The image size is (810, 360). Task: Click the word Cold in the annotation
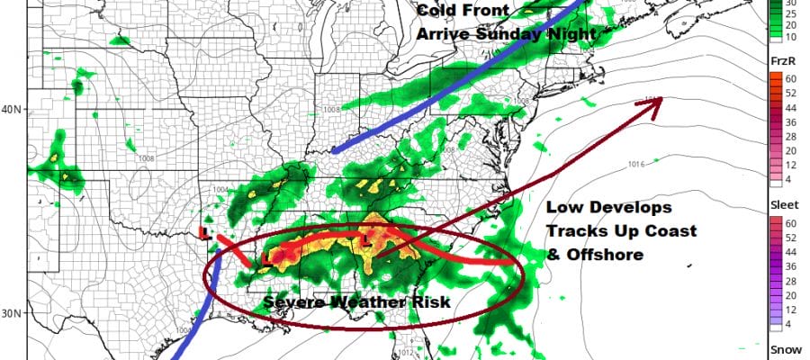[437, 13]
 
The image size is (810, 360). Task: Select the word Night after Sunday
[573, 34]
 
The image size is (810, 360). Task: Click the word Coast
[670, 231]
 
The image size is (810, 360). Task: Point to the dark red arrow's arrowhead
[658, 100]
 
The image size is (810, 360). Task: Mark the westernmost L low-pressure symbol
[207, 232]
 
